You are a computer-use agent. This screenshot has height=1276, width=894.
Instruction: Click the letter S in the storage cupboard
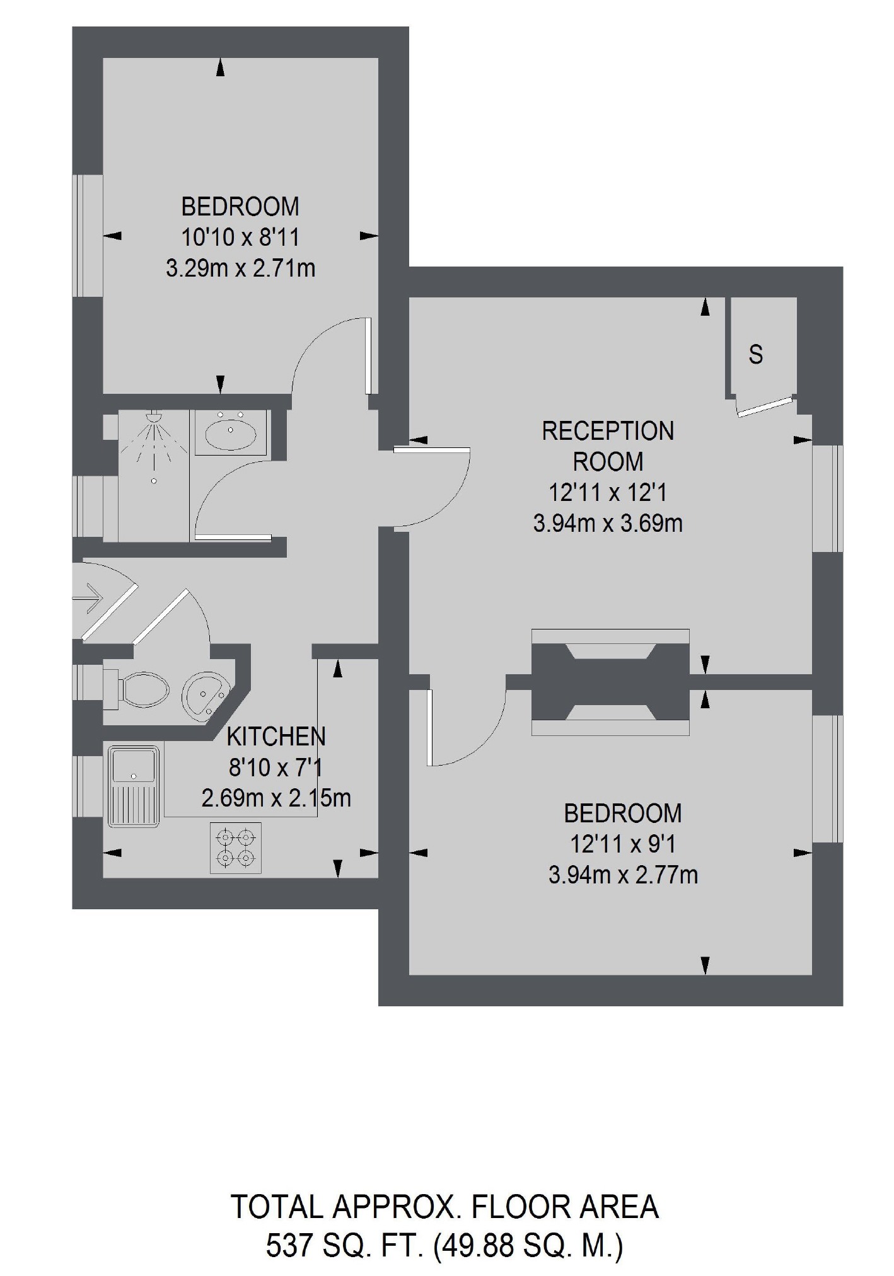pos(755,355)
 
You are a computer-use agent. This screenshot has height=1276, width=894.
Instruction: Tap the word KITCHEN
pos(276,736)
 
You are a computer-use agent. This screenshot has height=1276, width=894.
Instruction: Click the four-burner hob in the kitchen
pos(236,848)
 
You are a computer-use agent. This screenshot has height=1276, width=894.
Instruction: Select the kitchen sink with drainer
pos(133,786)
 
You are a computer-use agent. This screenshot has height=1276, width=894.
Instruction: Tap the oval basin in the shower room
pos(230,432)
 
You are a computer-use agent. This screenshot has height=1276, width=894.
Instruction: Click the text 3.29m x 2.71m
pos(240,269)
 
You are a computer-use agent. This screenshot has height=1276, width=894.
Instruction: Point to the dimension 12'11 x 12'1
pos(608,492)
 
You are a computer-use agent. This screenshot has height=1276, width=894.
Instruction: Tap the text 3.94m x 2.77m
pos(623,875)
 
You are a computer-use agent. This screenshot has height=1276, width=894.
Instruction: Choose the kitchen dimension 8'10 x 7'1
pos(276,767)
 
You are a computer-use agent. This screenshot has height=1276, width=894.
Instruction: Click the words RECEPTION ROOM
pos(608,446)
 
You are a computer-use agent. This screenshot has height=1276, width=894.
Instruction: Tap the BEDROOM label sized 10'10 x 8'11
pos(240,207)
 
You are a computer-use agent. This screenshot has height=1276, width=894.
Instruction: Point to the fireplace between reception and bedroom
pos(610,682)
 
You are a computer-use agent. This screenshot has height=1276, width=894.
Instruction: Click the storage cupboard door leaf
pos(764,406)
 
